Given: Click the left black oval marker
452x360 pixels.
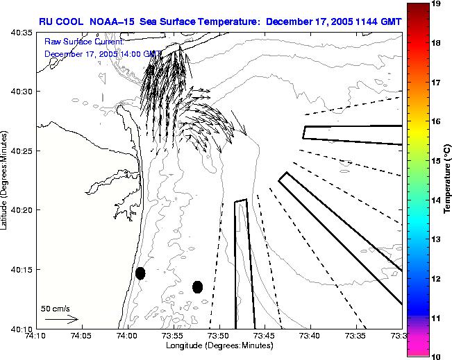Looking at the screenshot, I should pyautogui.click(x=140, y=273).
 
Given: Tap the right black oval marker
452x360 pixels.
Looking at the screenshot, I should pyautogui.click(x=197, y=286).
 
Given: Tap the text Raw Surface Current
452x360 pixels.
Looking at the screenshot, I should pyautogui.click(x=83, y=42).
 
